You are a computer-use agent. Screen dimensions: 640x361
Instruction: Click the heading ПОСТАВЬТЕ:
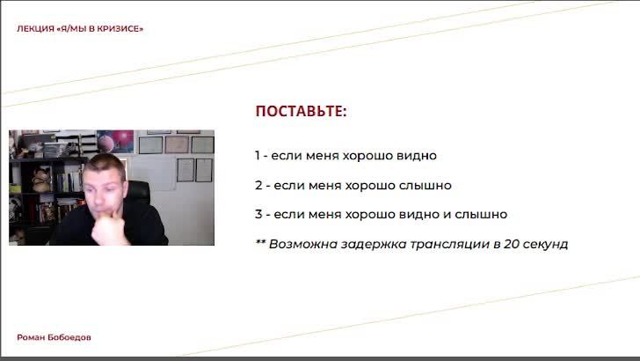(301, 111)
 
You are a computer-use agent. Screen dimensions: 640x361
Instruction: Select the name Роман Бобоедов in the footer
(54, 337)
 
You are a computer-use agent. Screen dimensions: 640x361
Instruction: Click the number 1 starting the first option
(257, 155)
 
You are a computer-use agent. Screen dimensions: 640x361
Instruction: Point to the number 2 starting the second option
(258, 185)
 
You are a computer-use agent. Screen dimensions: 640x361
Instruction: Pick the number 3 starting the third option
(258, 214)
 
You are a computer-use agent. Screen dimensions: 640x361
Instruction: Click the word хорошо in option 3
(370, 214)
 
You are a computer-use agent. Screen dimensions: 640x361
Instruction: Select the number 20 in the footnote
(511, 244)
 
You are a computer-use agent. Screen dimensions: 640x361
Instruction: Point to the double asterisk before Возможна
(260, 241)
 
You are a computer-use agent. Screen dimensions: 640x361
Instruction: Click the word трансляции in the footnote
(449, 244)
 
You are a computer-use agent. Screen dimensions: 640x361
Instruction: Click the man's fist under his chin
(107, 230)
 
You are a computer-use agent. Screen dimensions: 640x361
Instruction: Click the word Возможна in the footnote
(302, 244)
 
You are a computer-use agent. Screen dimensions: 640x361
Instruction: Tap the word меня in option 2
(325, 185)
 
